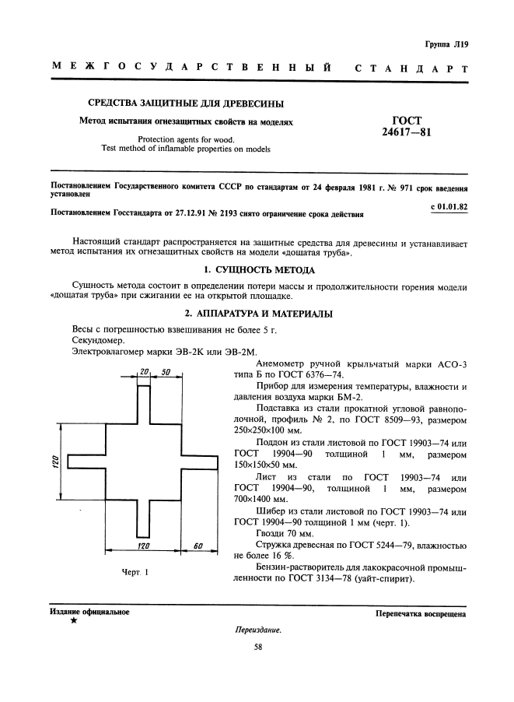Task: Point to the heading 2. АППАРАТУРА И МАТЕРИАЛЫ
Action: (x=258, y=314)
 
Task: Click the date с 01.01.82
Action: (x=448, y=206)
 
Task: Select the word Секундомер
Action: (x=96, y=341)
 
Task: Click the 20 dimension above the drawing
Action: (x=143, y=372)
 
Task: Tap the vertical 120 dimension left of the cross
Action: (x=46, y=462)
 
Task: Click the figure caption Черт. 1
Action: (x=135, y=573)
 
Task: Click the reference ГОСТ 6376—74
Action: (x=315, y=374)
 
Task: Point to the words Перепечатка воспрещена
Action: (x=420, y=614)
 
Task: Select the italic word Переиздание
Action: (x=257, y=630)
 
